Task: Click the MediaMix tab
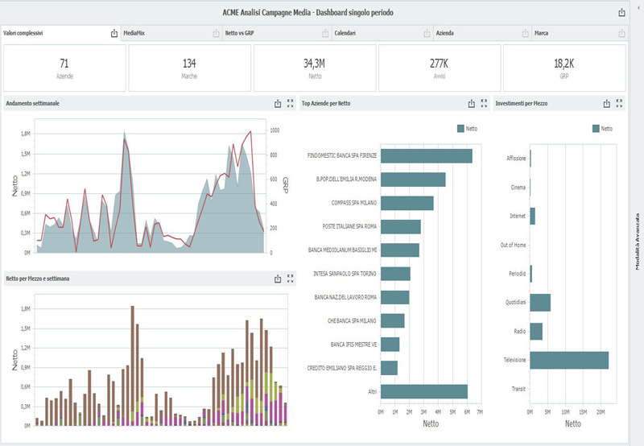(136, 33)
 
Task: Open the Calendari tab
(345, 33)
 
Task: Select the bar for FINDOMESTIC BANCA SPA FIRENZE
(426, 155)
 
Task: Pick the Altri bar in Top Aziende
(423, 390)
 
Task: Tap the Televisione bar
(568, 360)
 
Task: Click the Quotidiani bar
(539, 302)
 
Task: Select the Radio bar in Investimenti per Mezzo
(535, 331)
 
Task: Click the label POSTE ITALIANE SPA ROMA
(342, 226)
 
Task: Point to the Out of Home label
(513, 245)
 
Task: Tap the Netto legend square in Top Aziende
(460, 128)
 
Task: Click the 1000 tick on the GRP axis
(275, 130)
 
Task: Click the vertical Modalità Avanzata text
(637, 242)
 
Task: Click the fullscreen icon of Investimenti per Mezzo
(619, 103)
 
